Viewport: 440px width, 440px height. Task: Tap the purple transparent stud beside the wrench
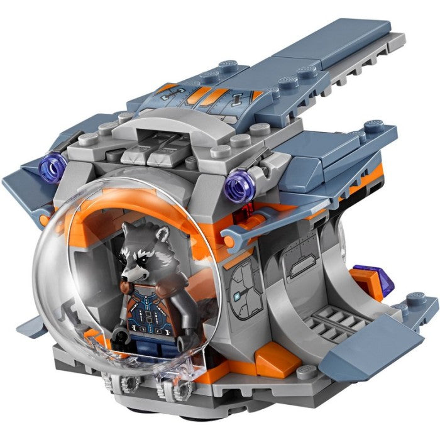239,187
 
